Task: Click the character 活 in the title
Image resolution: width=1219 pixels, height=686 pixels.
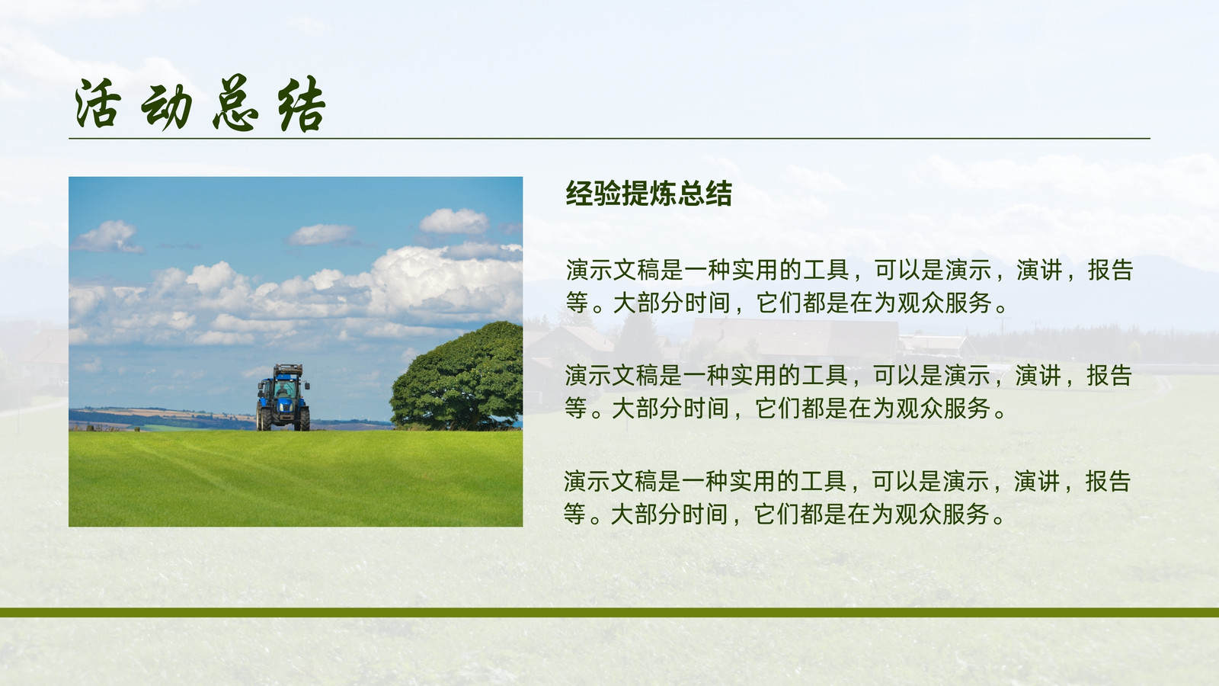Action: (x=98, y=104)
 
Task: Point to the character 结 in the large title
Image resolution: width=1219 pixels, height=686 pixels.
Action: (x=302, y=104)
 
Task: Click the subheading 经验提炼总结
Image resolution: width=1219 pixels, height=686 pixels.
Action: (x=648, y=194)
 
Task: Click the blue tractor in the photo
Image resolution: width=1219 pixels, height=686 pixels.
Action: (x=283, y=397)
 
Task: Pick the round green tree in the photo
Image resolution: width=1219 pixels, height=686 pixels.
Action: (x=457, y=376)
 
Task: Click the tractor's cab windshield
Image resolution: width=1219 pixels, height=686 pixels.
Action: (x=284, y=389)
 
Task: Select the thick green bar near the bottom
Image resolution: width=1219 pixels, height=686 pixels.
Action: (x=609, y=613)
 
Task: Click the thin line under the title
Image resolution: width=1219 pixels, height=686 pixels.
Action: (x=609, y=138)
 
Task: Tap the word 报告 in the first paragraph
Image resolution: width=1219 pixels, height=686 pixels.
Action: (x=1110, y=270)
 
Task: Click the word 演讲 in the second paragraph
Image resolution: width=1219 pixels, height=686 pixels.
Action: (x=1038, y=376)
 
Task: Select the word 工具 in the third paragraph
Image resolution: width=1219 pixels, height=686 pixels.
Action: (x=824, y=481)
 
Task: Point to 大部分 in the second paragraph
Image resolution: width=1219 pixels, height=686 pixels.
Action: (x=647, y=409)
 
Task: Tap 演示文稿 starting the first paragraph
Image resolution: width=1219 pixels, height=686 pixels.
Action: (x=613, y=270)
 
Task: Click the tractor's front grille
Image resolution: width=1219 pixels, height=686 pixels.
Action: (x=284, y=406)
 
